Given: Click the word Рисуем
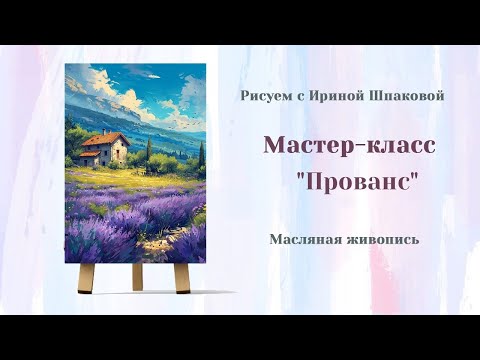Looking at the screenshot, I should click(264, 95).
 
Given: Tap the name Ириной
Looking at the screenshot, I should click(326, 95).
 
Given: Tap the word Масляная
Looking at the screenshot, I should click(306, 239).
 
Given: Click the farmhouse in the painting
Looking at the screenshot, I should click(105, 151).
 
